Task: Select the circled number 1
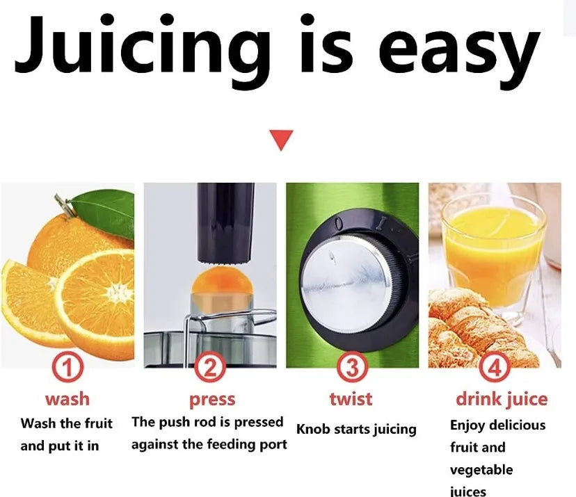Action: (x=67, y=366)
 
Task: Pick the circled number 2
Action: (x=209, y=366)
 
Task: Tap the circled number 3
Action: (x=352, y=366)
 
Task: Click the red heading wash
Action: (x=67, y=399)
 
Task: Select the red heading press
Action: (x=212, y=400)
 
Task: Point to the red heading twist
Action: (x=351, y=399)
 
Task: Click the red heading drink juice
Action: (x=501, y=399)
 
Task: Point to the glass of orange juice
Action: (x=493, y=250)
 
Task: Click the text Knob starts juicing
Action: (x=356, y=429)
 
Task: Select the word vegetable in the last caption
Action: (x=481, y=470)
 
